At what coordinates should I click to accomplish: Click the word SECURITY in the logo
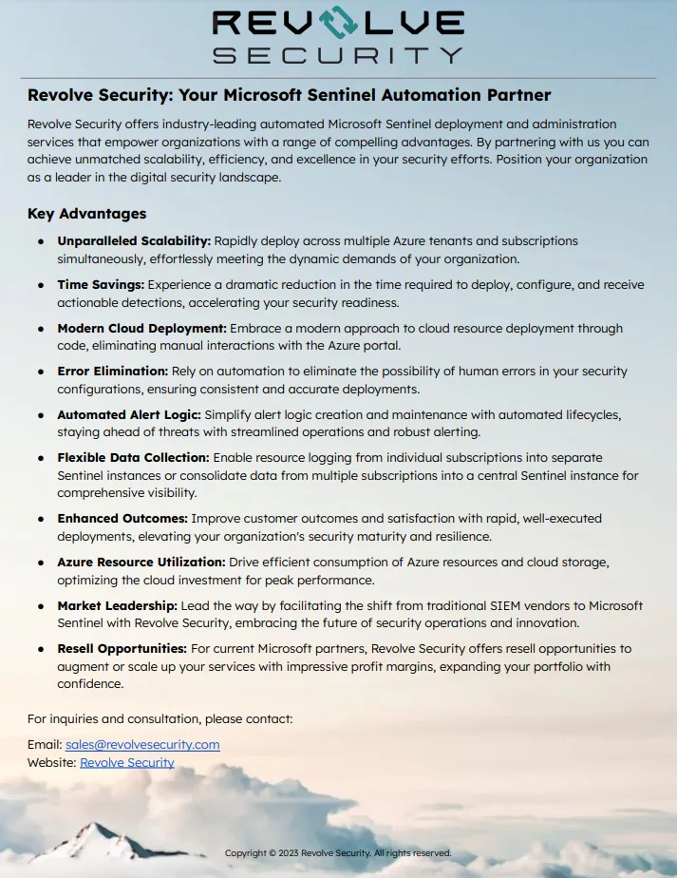(x=338, y=56)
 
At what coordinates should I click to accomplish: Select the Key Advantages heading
(x=86, y=214)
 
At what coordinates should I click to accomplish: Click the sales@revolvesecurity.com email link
(x=142, y=745)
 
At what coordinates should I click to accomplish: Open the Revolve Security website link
(x=127, y=762)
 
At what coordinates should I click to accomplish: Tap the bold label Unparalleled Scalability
(x=134, y=241)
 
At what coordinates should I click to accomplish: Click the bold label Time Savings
(x=101, y=285)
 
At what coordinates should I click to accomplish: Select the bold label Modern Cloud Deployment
(x=141, y=329)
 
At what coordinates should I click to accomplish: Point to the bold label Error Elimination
(x=112, y=372)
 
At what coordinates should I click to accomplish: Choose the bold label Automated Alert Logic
(x=128, y=415)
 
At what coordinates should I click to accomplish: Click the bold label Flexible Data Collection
(x=133, y=458)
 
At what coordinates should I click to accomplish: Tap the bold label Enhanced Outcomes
(x=122, y=519)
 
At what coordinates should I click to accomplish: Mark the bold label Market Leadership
(x=117, y=605)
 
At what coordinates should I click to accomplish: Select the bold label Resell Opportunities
(x=122, y=649)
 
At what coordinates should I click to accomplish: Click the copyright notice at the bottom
(x=338, y=853)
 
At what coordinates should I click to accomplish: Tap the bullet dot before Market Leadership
(x=41, y=606)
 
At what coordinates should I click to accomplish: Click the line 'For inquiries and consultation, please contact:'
(x=160, y=718)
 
